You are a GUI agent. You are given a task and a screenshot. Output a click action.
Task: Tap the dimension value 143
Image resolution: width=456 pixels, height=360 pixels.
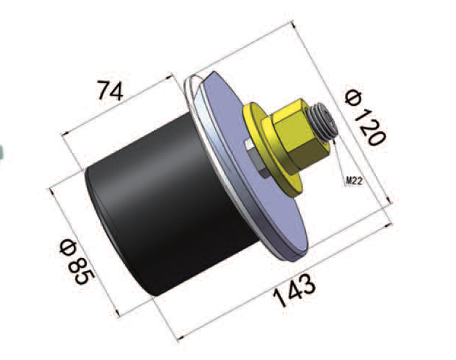coord(294,290)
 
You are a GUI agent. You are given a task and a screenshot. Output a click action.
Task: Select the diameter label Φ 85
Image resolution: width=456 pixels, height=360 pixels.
coord(76,261)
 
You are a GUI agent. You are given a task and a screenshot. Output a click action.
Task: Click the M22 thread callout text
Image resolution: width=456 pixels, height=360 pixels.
coord(354,181)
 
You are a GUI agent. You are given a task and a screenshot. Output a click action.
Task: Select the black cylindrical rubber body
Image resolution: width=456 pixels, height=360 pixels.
coord(163,203)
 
